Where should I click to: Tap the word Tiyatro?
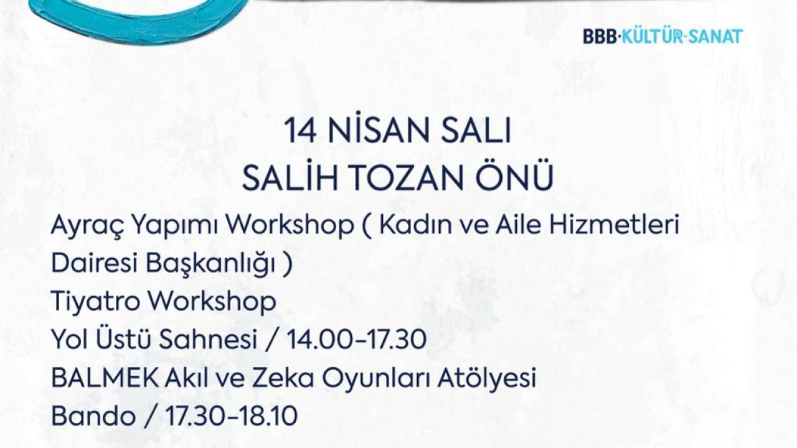coord(95,302)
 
